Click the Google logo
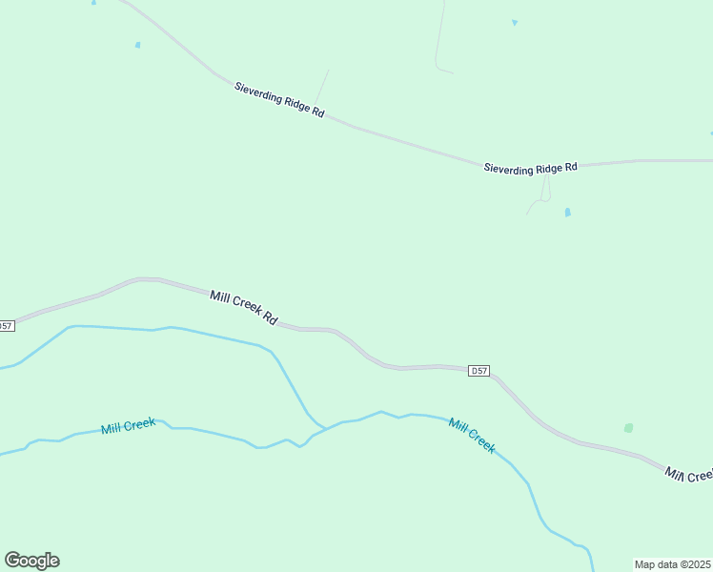(31, 561)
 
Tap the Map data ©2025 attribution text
(673, 564)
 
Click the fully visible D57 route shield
(479, 370)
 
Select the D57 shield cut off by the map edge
(7, 326)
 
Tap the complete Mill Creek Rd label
(243, 309)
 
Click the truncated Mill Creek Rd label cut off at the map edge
(689, 474)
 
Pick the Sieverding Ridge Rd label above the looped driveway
(530, 168)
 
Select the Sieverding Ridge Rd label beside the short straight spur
(279, 100)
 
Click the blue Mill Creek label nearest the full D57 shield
(472, 436)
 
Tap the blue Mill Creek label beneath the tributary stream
(128, 424)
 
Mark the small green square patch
(628, 428)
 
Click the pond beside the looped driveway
(567, 213)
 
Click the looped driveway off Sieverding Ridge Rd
(542, 191)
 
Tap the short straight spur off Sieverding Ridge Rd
(324, 83)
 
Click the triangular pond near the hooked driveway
(515, 22)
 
